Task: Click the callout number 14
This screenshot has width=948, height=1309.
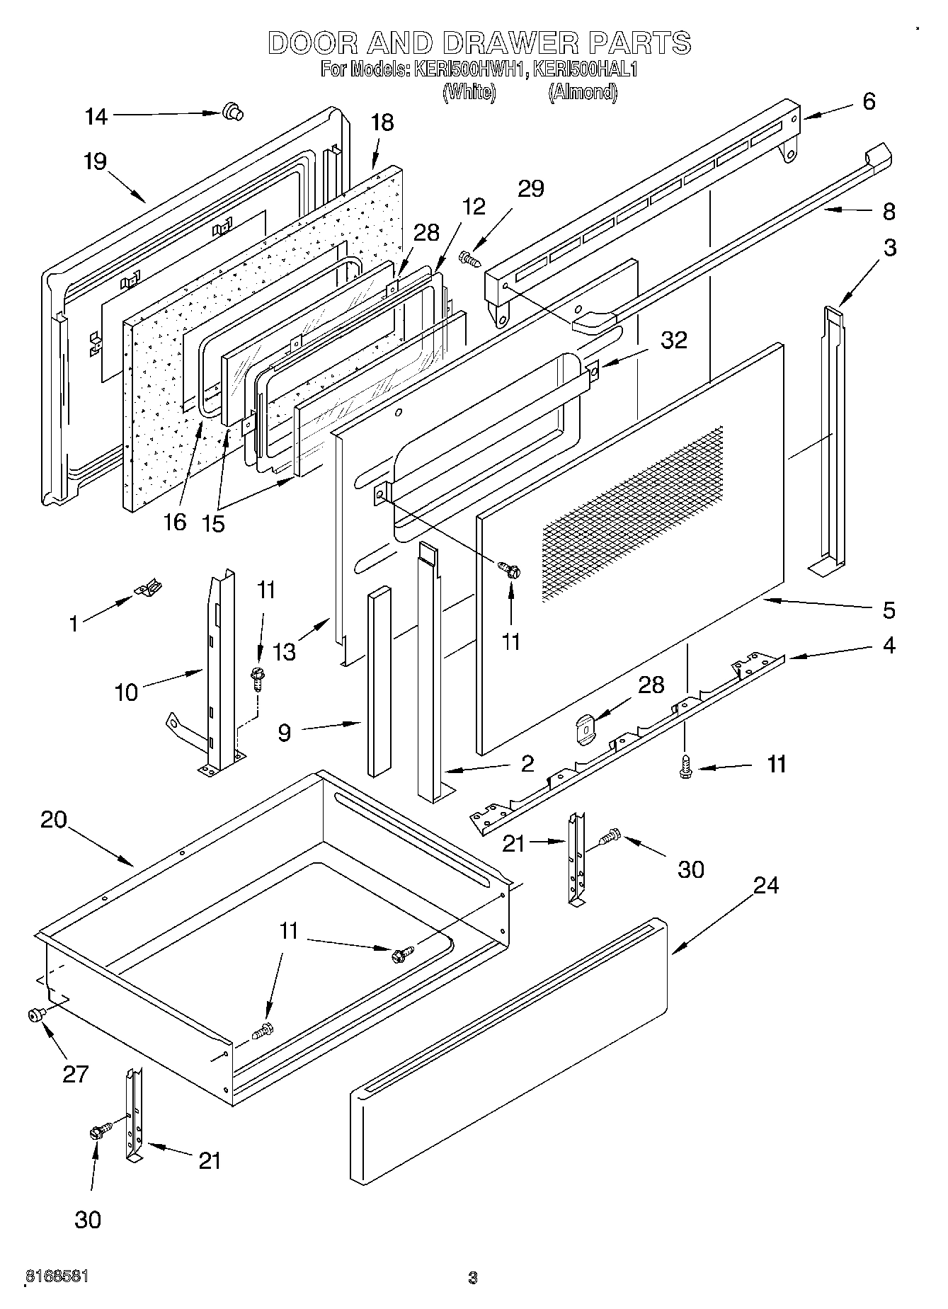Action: [96, 117]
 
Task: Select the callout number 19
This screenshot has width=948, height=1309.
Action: [94, 161]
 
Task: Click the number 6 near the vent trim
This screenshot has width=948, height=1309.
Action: [869, 101]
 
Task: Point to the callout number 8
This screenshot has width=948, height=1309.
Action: [889, 211]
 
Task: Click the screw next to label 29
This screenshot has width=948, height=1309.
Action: [470, 259]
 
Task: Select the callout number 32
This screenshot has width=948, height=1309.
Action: [673, 341]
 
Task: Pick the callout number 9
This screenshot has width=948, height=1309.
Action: [284, 732]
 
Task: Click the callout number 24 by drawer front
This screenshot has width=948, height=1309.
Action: [765, 885]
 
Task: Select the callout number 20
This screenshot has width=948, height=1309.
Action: [53, 820]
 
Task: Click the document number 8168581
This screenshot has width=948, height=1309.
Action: [57, 1276]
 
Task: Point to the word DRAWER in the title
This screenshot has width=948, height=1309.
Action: [510, 43]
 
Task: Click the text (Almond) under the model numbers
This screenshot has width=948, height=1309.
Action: [582, 92]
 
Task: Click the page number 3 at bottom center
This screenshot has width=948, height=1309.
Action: [472, 1278]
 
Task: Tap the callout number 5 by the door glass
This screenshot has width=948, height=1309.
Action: [889, 610]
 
